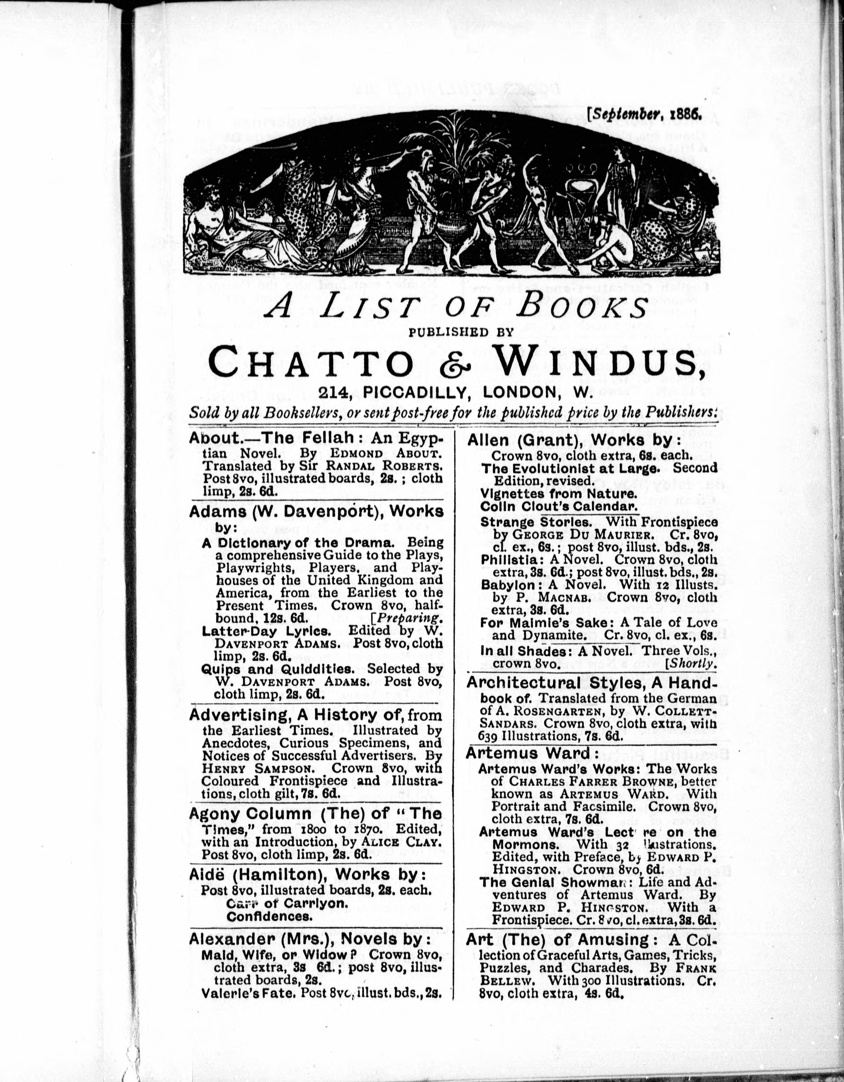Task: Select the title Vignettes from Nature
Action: click(x=558, y=494)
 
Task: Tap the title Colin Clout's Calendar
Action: click(x=558, y=507)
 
